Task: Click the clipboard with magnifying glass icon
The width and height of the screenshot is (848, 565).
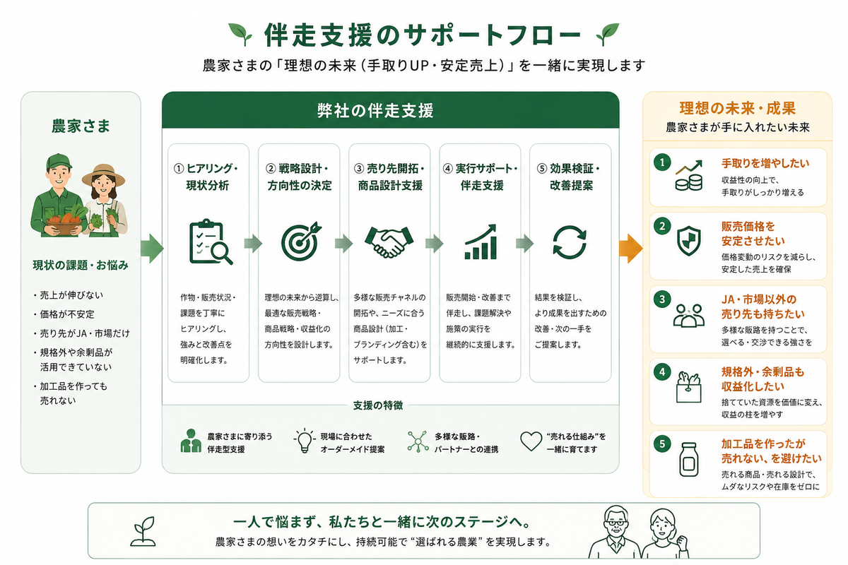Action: (209, 242)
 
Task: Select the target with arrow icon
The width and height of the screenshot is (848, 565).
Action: (300, 241)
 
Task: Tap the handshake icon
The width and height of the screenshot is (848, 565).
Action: (389, 242)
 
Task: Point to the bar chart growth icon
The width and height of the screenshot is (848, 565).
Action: (481, 242)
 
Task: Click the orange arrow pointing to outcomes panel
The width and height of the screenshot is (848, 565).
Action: (630, 249)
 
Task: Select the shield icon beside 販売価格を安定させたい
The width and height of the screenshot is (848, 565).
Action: (688, 241)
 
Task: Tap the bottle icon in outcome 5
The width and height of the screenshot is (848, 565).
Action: (688, 460)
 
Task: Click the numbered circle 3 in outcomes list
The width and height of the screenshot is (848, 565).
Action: (662, 299)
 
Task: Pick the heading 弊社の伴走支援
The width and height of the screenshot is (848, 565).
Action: (375, 111)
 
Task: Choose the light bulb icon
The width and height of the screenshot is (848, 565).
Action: (305, 441)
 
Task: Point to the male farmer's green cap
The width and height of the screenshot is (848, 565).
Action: (59, 162)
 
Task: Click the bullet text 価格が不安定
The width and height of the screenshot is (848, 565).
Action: (67, 314)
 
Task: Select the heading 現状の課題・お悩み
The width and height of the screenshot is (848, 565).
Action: (81, 266)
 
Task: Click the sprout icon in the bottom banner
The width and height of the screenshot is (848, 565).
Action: (143, 531)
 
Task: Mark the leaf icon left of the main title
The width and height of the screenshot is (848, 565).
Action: (240, 34)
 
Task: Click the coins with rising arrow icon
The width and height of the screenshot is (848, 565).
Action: (688, 175)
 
